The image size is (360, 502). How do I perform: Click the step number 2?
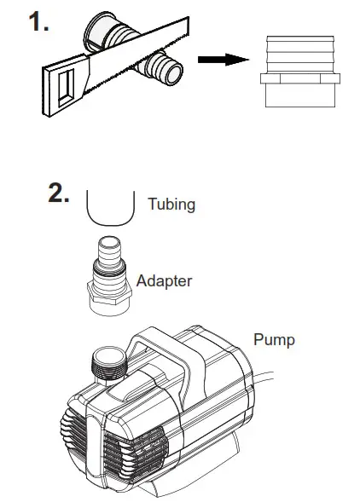(x=59, y=193)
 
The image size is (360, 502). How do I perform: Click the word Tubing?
(x=171, y=204)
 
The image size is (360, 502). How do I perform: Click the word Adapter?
(x=164, y=280)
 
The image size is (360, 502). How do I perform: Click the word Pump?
(x=274, y=340)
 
